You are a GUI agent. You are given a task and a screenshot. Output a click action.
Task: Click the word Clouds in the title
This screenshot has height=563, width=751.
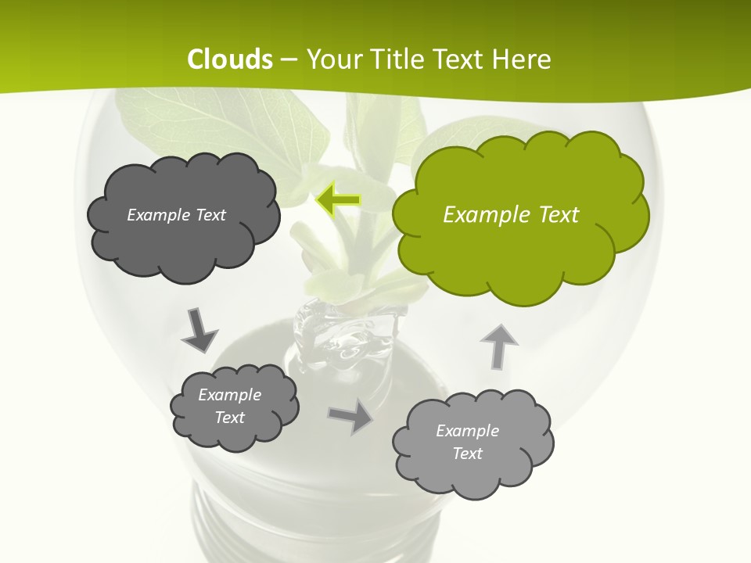point(230,59)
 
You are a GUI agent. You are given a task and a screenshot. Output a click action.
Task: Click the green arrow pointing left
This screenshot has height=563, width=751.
point(338,200)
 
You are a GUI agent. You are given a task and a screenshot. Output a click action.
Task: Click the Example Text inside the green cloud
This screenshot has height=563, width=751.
point(511,215)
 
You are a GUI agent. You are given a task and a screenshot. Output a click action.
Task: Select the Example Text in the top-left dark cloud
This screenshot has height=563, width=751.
point(176,215)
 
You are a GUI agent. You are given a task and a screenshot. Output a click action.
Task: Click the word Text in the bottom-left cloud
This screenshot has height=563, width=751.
point(229,418)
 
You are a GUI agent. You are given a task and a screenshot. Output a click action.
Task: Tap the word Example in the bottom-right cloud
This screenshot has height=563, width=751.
point(467,431)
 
